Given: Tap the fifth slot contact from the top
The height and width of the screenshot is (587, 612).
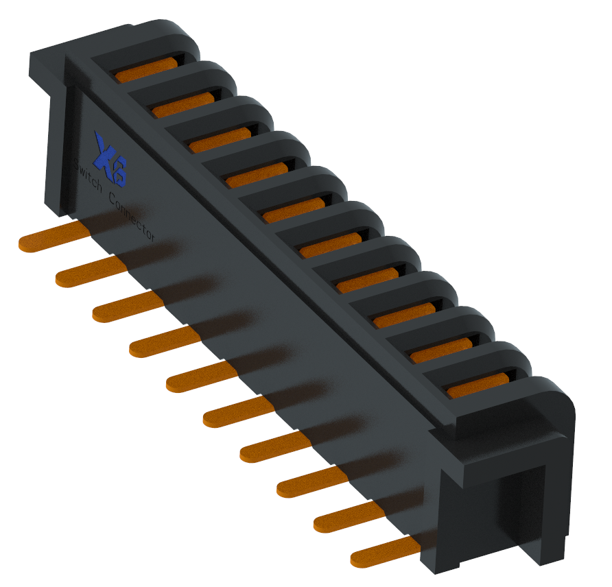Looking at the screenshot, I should pyautogui.click(x=294, y=210).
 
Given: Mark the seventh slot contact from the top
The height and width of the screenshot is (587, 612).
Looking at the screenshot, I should pyautogui.click(x=367, y=280).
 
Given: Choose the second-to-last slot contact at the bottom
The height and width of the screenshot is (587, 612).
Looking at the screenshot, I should pyautogui.click(x=441, y=350).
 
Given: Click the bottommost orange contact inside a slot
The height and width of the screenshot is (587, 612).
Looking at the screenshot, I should pyautogui.click(x=478, y=385).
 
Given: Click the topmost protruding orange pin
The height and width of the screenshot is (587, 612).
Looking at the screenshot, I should pyautogui.click(x=51, y=237).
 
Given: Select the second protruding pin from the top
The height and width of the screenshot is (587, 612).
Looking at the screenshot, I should pyautogui.click(x=89, y=273).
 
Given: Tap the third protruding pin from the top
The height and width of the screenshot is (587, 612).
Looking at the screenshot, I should pyautogui.click(x=126, y=307).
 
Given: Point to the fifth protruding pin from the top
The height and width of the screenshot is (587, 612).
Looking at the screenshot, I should pyautogui.click(x=200, y=378).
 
